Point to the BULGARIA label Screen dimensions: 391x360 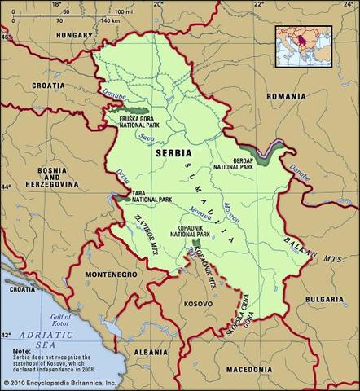coord(324,300)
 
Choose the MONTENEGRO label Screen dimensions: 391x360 coord(103,276)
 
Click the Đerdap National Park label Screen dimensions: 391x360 coord(233,163)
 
